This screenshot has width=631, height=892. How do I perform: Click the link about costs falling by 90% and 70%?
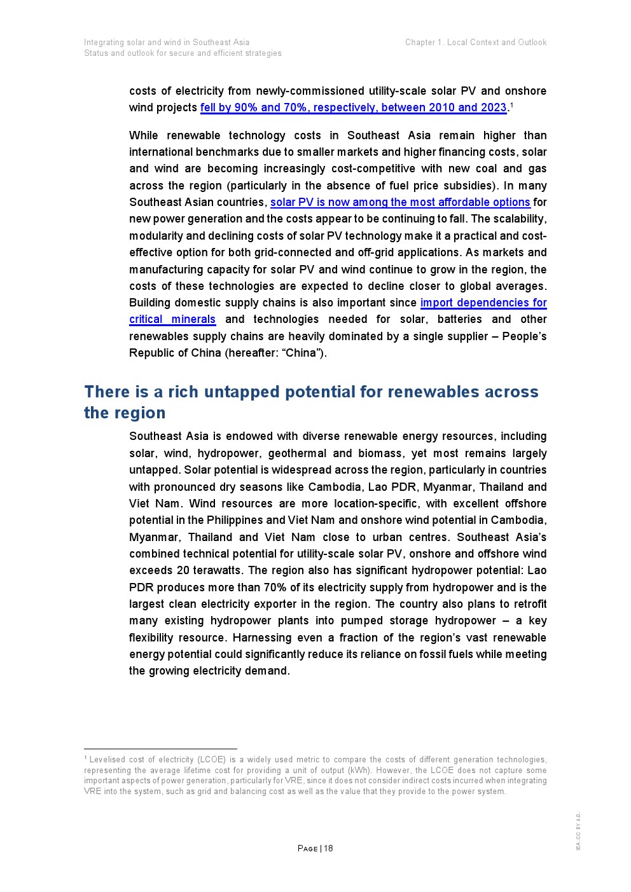(353, 107)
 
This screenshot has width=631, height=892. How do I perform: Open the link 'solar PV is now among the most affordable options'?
(400, 202)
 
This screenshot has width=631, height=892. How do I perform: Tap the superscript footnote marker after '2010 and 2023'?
(511, 105)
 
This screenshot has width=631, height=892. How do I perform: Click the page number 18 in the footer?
(328, 848)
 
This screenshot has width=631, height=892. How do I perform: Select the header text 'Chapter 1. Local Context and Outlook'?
(475, 43)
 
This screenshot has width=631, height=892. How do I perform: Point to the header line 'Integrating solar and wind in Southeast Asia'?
(167, 43)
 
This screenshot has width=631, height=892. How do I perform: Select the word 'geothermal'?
(297, 453)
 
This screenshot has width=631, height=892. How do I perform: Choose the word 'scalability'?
(516, 219)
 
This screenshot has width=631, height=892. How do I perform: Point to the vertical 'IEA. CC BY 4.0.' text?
(578, 832)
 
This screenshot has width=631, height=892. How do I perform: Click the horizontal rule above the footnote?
(160, 749)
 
